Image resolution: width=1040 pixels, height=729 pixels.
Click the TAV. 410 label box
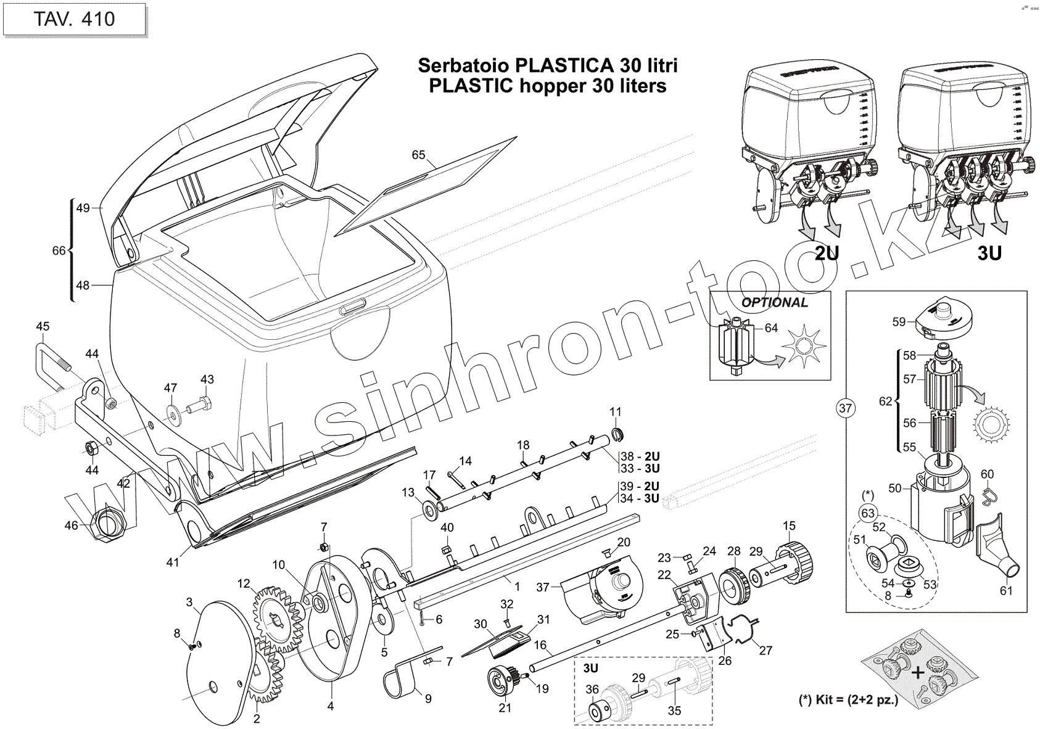[74, 19]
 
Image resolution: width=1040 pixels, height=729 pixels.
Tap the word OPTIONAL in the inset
[774, 303]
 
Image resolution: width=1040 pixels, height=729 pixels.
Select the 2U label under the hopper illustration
[827, 253]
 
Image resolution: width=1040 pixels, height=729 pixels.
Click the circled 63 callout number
[868, 513]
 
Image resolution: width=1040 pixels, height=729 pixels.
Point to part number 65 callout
[419, 155]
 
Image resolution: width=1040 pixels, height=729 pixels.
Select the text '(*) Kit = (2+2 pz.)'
[848, 701]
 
